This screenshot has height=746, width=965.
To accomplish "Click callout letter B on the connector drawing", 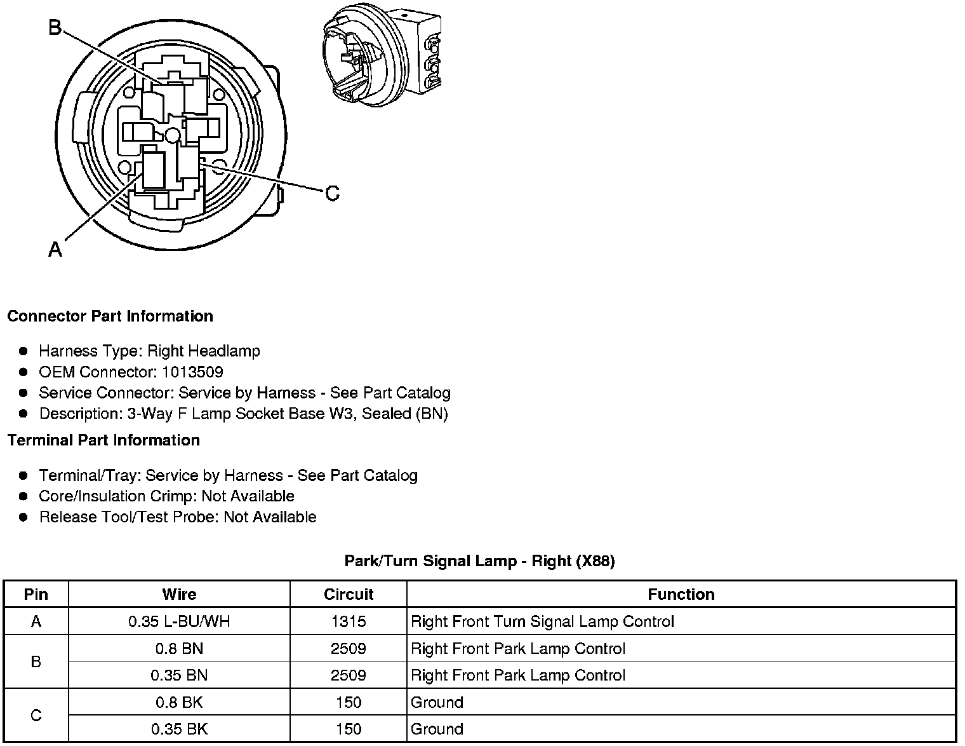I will [56, 28].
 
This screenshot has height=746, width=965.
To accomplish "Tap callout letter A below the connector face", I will [55, 249].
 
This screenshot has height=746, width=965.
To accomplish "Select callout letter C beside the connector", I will [332, 193].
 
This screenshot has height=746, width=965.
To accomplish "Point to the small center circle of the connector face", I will [173, 135].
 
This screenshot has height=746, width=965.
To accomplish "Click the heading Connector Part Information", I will [110, 316].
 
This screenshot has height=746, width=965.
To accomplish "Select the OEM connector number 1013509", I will [192, 372].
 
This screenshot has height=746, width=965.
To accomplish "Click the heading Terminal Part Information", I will [103, 440].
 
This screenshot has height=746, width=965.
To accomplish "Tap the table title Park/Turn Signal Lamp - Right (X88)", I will [479, 560].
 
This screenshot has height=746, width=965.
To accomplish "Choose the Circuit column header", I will [349, 594].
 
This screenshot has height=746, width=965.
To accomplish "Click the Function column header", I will [681, 594].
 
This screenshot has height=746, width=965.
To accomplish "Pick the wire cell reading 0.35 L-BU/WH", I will [179, 621].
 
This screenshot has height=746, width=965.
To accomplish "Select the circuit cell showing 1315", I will [349, 621].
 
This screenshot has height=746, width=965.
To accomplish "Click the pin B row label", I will [36, 661].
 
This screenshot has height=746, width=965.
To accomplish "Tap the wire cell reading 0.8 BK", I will [179, 702].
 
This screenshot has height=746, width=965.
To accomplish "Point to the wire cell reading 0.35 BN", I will [179, 675].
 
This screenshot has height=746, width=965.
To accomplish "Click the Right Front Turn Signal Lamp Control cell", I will [542, 621].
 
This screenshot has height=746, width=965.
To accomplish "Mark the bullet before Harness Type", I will [23, 351].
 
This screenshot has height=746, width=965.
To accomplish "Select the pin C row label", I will [36, 715].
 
